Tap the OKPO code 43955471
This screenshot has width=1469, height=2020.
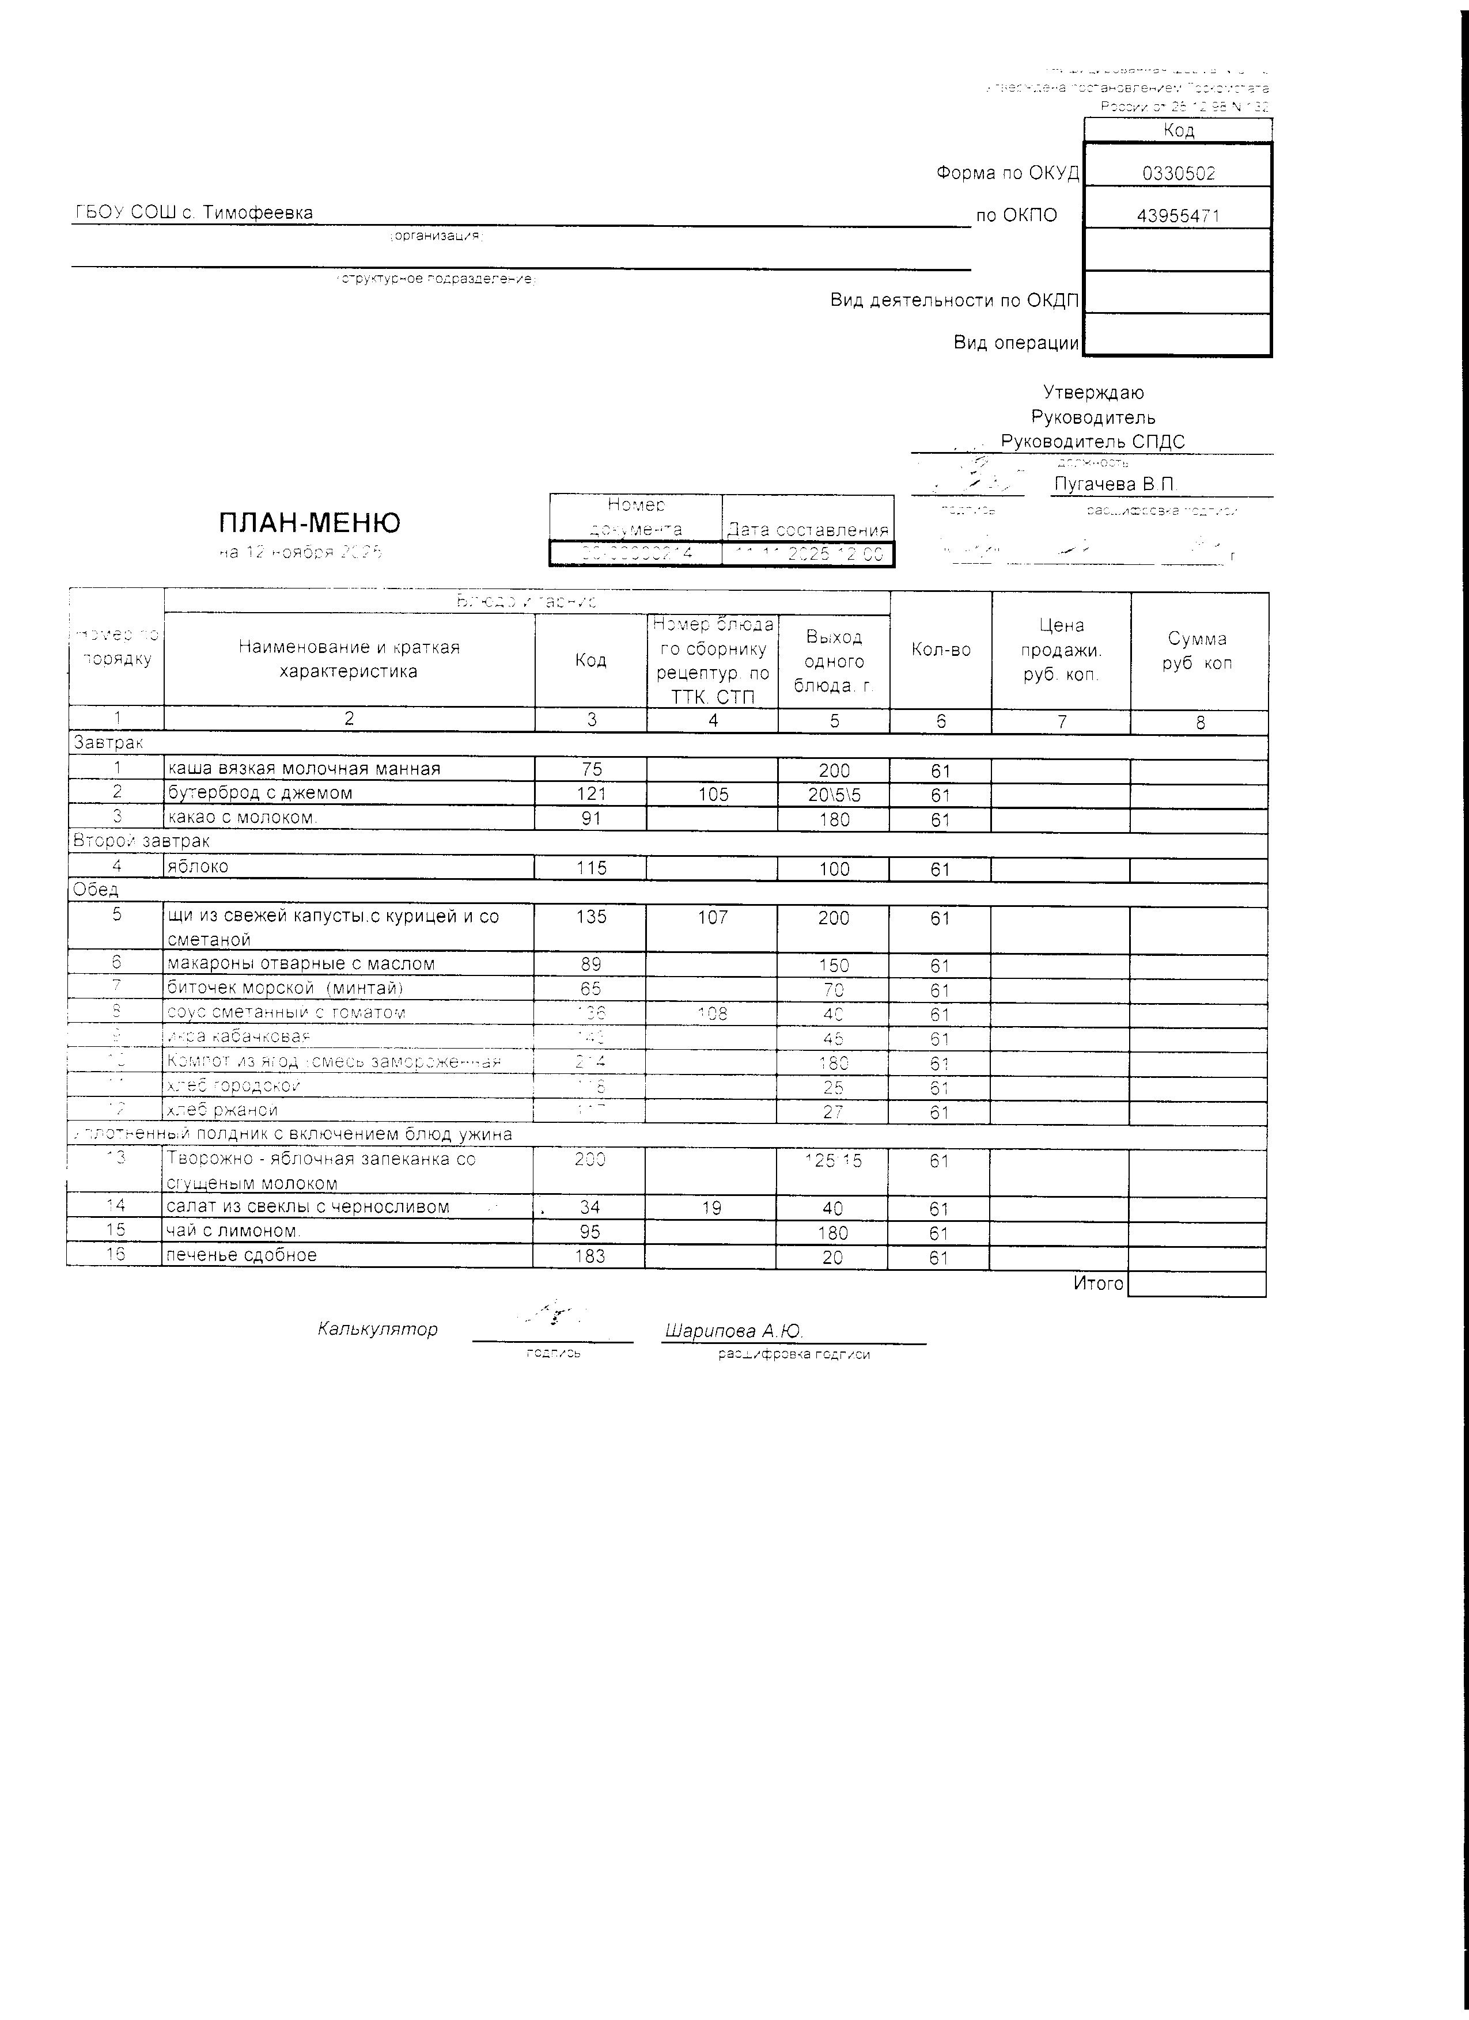[x=1178, y=215]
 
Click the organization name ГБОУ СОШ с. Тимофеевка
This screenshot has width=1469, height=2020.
[x=194, y=213]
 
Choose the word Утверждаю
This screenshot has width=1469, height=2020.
[x=1093, y=393]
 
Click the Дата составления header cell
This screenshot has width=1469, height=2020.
[x=807, y=530]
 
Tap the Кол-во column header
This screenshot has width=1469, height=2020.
[x=941, y=650]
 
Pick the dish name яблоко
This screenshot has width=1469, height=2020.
[x=198, y=867]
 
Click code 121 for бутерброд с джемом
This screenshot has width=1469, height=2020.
[x=590, y=793]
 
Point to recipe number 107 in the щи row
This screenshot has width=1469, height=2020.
[x=713, y=917]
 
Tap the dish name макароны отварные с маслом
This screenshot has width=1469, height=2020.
[x=300, y=964]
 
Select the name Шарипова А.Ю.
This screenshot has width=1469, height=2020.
[x=733, y=1331]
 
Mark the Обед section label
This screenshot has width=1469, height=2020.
[x=95, y=890]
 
